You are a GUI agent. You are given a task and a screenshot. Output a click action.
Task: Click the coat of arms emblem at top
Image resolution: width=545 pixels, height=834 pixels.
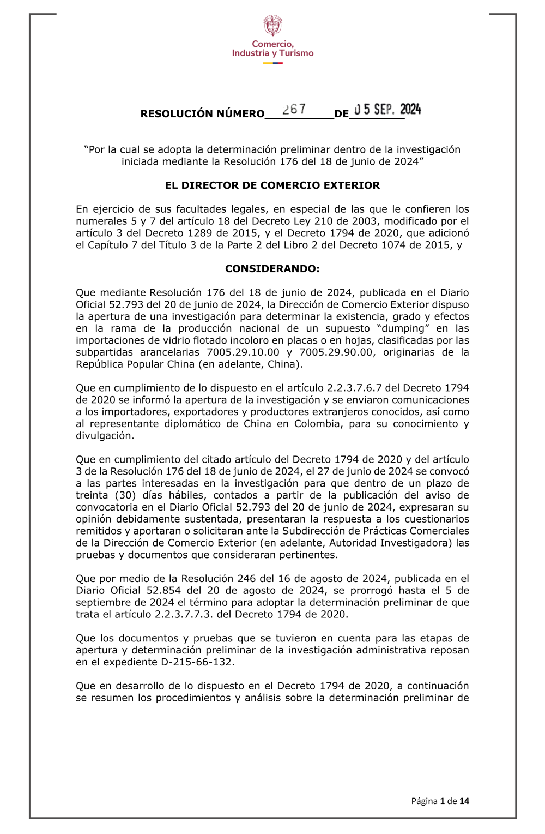[272, 26]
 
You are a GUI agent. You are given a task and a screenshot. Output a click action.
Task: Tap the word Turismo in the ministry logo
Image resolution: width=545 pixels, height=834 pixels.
[296, 53]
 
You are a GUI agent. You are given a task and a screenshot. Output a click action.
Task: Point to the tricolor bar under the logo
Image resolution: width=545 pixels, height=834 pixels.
[272, 63]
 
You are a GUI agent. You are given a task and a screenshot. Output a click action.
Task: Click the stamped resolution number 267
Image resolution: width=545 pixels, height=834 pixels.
[294, 109]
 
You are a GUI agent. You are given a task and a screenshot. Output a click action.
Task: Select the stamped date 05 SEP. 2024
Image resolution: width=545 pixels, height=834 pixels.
[387, 110]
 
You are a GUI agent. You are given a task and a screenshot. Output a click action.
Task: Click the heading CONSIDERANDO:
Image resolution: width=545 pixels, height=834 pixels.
[272, 268]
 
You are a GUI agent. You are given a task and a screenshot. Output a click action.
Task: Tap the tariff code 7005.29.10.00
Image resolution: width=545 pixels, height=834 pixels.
[243, 352]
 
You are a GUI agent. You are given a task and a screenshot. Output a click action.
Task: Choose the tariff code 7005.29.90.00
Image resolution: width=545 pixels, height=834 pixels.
[336, 352]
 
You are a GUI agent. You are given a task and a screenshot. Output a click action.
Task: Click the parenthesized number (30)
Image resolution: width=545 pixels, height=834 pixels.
[125, 495]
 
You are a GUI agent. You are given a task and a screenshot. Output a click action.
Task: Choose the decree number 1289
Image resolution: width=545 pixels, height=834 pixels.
[189, 233]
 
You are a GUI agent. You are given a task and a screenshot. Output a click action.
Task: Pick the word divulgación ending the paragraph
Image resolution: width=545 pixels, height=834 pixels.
[104, 435]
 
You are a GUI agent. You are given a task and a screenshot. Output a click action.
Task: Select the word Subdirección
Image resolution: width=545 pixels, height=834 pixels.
[313, 531]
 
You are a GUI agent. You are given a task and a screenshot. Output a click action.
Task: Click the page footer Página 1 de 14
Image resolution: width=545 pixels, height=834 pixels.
[440, 801]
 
